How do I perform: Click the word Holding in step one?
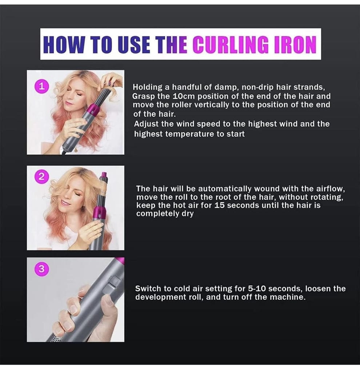147,87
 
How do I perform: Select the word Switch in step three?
147,289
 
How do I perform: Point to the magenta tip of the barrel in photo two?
104,175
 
